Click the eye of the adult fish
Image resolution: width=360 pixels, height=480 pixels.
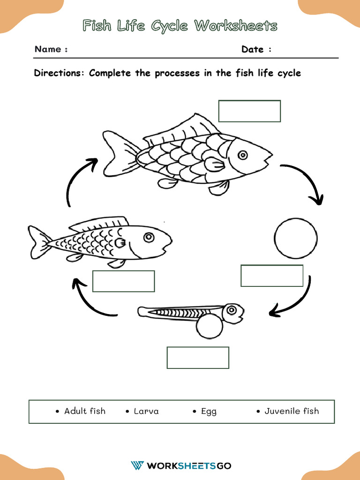(242, 155)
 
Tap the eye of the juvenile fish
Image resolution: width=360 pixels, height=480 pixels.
(149, 238)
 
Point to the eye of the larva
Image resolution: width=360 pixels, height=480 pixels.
(231, 309)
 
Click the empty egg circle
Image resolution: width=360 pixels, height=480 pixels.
(296, 238)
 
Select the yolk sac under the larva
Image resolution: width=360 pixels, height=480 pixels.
(209, 326)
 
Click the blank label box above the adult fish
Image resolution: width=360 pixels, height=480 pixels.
(249, 111)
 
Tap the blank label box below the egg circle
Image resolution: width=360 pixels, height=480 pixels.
(272, 276)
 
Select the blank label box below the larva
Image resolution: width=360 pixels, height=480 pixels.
(198, 358)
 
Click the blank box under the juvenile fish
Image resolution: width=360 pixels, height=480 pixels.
(124, 281)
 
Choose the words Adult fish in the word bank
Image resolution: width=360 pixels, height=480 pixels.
(85, 411)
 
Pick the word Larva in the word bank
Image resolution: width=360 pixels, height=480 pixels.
(146, 411)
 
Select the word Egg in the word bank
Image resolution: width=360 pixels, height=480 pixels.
(209, 411)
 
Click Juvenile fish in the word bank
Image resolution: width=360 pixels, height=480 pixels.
(292, 411)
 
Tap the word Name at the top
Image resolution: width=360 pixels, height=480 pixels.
(48, 49)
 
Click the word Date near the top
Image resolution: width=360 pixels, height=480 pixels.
(253, 49)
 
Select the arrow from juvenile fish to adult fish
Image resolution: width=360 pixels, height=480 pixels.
(78, 180)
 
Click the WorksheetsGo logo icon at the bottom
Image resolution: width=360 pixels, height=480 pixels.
(137, 465)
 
